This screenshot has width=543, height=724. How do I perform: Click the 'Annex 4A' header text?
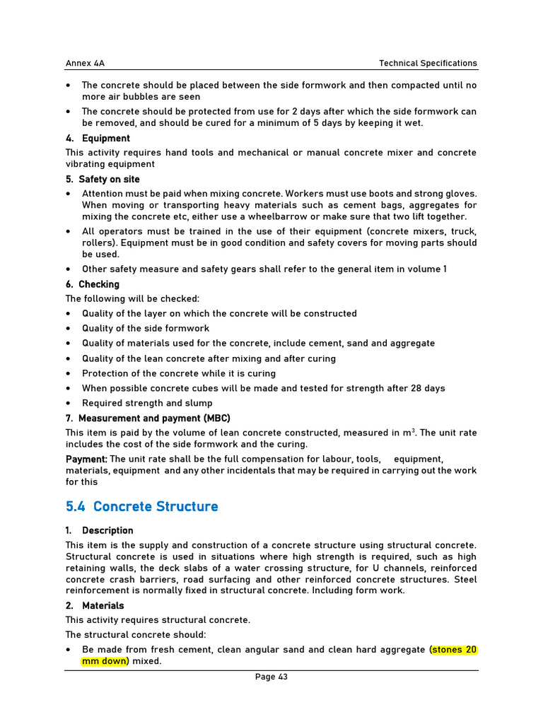tap(85, 63)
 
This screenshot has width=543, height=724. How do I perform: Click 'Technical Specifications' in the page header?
tap(428, 63)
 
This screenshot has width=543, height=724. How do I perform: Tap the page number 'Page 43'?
tap(271, 677)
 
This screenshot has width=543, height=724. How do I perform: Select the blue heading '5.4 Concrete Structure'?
tap(141, 506)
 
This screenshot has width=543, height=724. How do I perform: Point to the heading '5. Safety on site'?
tap(103, 179)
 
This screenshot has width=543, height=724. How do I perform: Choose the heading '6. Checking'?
tap(93, 284)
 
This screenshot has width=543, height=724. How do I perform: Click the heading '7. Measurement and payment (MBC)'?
tap(148, 418)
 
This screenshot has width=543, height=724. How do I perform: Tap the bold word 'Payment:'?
tap(86, 459)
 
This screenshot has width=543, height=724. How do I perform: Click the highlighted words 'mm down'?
tap(105, 661)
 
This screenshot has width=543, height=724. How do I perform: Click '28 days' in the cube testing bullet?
tap(428, 387)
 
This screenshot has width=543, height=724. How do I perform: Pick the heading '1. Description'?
tap(100, 530)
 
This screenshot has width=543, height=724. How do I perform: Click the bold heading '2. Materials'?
tap(95, 605)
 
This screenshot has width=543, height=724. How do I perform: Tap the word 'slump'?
tap(198, 403)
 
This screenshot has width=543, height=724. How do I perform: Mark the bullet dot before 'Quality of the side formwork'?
tap(68, 329)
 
